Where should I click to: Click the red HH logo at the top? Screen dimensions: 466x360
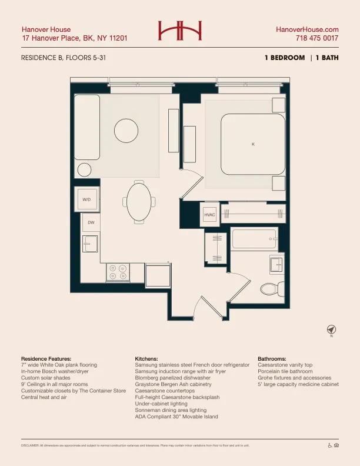click(x=179, y=31)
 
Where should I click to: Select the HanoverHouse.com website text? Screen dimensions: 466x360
click(x=307, y=29)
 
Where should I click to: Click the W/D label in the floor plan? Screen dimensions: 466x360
click(x=86, y=199)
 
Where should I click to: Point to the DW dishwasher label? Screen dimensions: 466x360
click(x=91, y=222)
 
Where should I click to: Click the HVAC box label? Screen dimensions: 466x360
click(x=210, y=215)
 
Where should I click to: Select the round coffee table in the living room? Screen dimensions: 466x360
click(x=125, y=130)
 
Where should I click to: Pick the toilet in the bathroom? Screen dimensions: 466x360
click(x=270, y=288)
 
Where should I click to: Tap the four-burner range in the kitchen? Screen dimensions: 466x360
click(x=117, y=272)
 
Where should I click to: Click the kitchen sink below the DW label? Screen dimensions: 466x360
click(x=89, y=243)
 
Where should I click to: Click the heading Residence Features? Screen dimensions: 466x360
click(x=46, y=358)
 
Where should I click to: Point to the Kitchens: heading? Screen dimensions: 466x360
click(x=146, y=358)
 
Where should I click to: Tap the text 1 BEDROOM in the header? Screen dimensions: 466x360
click(x=285, y=58)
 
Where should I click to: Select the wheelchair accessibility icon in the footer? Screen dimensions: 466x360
click(x=329, y=445)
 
